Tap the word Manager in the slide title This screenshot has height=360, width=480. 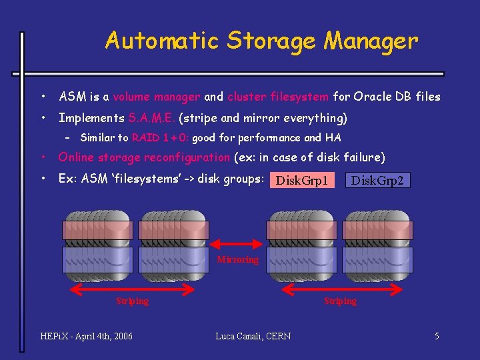coord(371,41)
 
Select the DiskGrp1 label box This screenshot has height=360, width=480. coord(302,180)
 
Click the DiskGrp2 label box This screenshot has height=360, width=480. coord(378,180)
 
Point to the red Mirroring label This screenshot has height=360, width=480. coord(237,259)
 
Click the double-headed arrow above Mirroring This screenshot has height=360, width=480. coord(237,246)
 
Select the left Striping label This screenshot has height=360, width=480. coord(132,301)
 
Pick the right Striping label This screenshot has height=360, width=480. coord(340,301)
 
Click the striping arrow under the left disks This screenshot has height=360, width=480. coord(132,289)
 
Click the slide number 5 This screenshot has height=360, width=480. coord(437,336)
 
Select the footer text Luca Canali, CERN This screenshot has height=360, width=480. coord(253,336)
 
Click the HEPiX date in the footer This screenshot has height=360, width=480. coord(87,336)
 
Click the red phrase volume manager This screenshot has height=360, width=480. coord(156,97)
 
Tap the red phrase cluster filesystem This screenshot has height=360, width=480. coord(277,97)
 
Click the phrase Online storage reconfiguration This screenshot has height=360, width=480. coord(143,157)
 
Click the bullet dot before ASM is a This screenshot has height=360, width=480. coord(42,97)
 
